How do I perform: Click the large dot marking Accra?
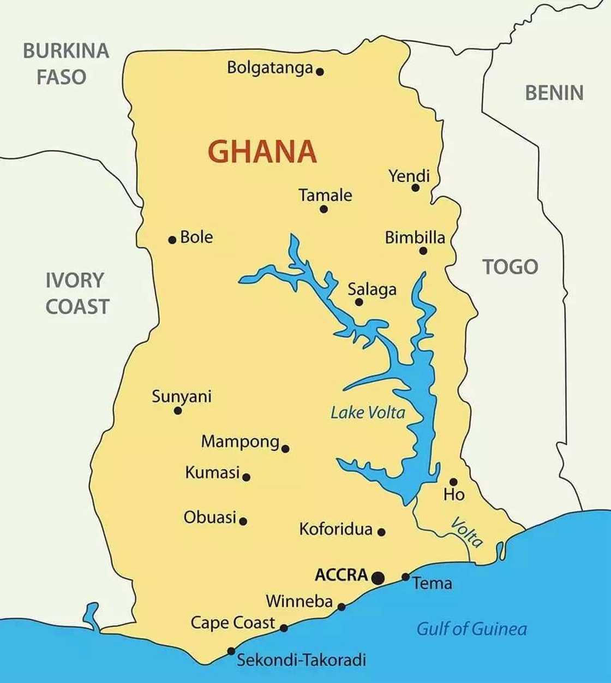pyautogui.click(x=378, y=578)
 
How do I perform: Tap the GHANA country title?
pyautogui.click(x=262, y=152)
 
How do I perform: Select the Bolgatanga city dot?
pyautogui.click(x=320, y=72)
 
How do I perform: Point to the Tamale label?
pyautogui.click(x=325, y=195)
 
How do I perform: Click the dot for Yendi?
pyautogui.click(x=415, y=188)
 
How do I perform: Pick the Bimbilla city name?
pyautogui.click(x=415, y=237)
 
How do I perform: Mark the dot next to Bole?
pyautogui.click(x=172, y=240)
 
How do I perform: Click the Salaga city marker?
pyautogui.click(x=359, y=302)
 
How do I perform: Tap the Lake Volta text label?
pyautogui.click(x=368, y=412)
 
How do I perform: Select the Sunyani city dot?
pyautogui.click(x=178, y=411)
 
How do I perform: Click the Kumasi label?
pyautogui.click(x=212, y=472)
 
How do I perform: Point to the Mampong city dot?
pyautogui.click(x=285, y=449)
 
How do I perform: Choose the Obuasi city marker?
pyautogui.click(x=243, y=521)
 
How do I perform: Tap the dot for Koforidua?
pyautogui.click(x=381, y=532)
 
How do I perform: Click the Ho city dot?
pyautogui.click(x=453, y=482)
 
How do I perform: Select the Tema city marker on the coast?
pyautogui.click(x=405, y=577)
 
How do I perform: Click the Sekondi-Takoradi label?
pyautogui.click(x=301, y=660)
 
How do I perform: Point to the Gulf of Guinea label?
pyautogui.click(x=472, y=629)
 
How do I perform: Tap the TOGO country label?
pyautogui.click(x=510, y=267)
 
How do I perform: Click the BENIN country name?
pyautogui.click(x=554, y=93)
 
